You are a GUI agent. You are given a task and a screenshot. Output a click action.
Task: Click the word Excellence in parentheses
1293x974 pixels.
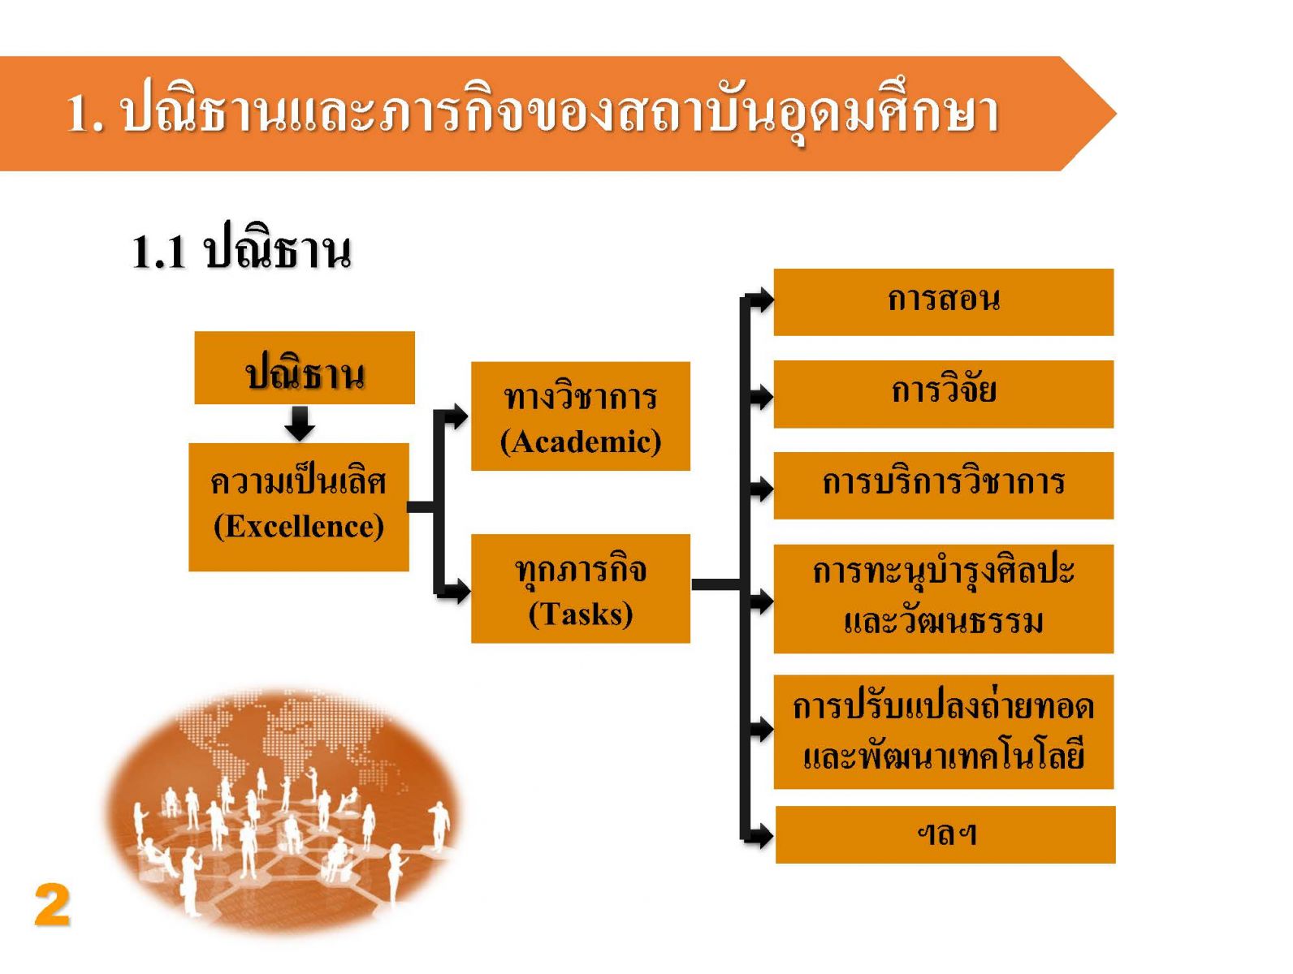299,525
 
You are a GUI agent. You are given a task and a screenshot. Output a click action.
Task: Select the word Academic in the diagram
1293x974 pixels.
581,442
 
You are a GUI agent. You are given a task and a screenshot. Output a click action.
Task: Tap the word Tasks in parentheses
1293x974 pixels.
581,614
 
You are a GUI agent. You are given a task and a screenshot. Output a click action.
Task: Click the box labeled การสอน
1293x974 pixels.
943,302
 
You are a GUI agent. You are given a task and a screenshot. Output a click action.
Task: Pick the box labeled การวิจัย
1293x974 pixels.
943,394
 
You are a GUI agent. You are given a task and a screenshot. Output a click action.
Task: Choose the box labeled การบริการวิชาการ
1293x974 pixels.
943,485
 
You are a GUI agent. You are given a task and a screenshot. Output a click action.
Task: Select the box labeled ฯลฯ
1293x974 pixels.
945,834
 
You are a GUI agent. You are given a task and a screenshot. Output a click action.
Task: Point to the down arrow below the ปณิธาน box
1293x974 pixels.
300,422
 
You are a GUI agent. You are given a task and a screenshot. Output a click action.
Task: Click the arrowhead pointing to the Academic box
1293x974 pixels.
458,416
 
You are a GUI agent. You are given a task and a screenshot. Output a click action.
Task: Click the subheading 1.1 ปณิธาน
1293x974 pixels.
241,252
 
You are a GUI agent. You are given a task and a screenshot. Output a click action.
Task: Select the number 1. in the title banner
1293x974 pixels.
85,113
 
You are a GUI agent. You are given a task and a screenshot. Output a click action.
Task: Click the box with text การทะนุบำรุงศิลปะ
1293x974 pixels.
943,598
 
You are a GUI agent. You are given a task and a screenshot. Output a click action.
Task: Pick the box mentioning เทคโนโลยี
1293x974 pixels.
943,731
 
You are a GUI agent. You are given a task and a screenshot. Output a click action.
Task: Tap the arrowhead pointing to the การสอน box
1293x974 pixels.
762,300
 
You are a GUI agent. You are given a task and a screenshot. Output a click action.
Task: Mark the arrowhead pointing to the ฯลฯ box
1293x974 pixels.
762,836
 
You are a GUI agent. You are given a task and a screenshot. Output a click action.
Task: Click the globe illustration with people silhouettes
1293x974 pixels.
283,811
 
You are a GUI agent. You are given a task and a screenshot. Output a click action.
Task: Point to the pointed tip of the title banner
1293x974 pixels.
1116,114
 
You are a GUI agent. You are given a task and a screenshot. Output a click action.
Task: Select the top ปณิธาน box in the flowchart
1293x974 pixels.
305,368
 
